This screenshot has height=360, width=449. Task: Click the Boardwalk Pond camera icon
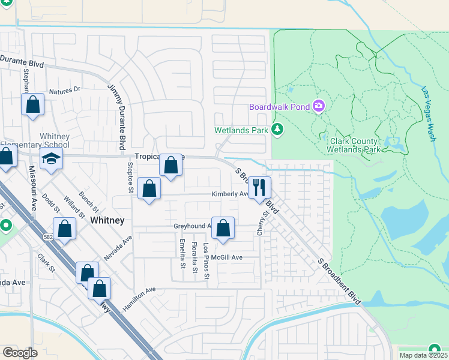click(318, 107)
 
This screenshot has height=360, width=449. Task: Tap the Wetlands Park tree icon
click(277, 129)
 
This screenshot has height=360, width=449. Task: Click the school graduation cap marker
click(52, 160)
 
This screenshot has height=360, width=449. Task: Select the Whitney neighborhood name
click(107, 220)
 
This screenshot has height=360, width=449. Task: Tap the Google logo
click(20, 352)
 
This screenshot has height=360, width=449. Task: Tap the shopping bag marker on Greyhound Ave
click(223, 228)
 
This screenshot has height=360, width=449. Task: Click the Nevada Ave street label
click(118, 247)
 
